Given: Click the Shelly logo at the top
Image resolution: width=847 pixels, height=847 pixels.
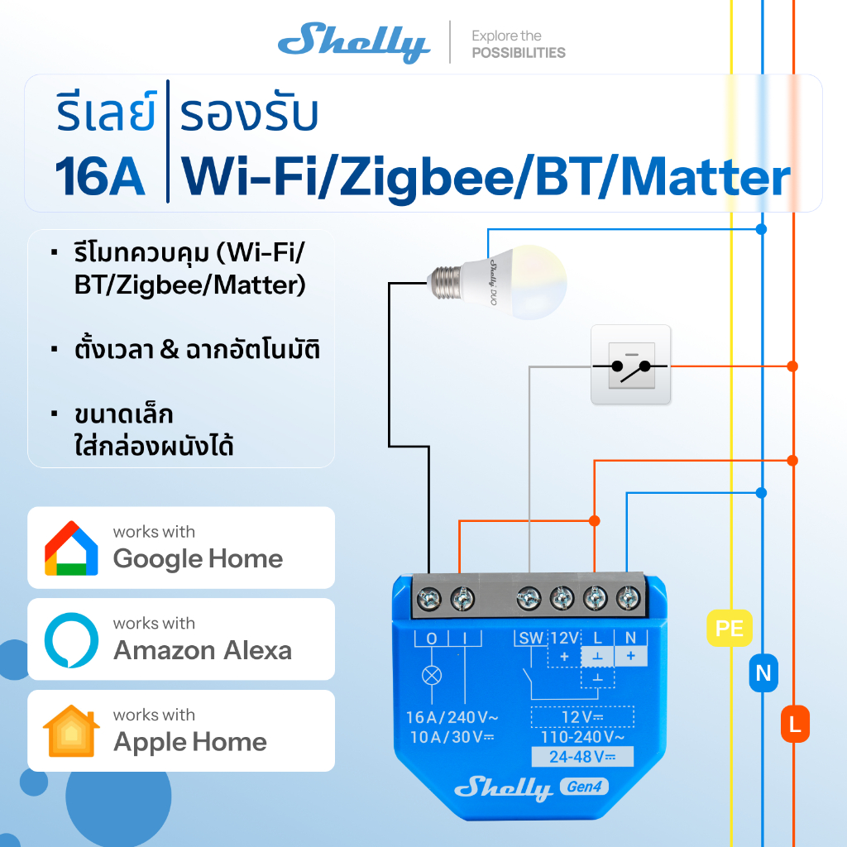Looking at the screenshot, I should pos(353,42).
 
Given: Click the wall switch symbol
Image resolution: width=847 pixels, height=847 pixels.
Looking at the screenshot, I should pos(630,365).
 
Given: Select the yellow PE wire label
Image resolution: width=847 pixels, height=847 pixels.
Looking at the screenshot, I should pos(729,629).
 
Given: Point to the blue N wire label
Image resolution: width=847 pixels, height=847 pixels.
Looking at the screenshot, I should pos(763,673).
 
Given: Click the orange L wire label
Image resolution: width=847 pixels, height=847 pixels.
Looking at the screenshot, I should pos(794,725).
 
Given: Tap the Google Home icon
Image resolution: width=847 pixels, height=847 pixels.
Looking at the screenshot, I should pos(71,548).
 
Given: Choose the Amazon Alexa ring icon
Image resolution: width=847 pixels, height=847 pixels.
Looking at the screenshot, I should pos(71,640).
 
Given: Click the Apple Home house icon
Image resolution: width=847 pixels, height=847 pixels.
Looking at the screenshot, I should pos(71,731).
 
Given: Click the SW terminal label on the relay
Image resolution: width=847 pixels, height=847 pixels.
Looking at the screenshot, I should pos(529,639).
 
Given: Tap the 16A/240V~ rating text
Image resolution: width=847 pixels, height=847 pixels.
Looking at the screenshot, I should pos(452,717).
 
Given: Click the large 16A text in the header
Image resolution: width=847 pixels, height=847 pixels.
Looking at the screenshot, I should pos(100,177).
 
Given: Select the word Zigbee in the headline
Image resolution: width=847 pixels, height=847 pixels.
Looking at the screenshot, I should pos(425,177).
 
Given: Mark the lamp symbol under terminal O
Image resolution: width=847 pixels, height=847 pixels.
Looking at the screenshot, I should pos(431,675).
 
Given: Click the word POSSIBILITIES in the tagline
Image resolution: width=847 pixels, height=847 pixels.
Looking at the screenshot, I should pos(519,53).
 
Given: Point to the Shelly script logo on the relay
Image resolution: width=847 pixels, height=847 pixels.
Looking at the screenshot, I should pos(503,787).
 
